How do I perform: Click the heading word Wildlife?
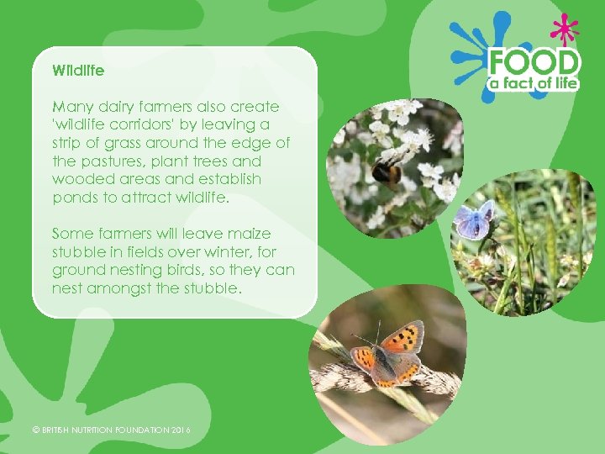(78, 71)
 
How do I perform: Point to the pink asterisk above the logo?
(564, 31)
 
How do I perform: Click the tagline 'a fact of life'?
(535, 83)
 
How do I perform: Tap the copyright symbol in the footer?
(35, 430)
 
